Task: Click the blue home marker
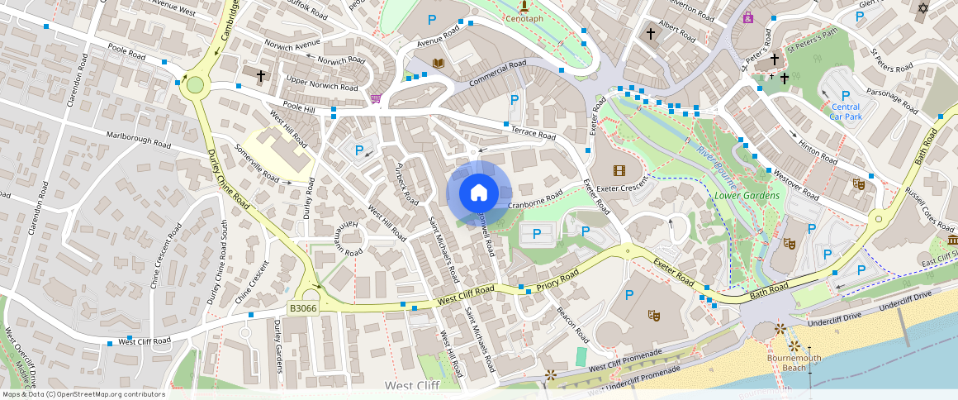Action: pos(478,193)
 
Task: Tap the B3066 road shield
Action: pos(303,308)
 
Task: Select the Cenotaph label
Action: pos(524,17)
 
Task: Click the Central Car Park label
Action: pos(845,112)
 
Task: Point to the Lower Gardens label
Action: pos(747,196)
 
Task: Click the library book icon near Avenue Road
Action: pos(439,63)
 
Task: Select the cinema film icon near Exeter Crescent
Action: pos(619,170)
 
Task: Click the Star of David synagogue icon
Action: pos(923,8)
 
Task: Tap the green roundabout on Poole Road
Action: pos(195,84)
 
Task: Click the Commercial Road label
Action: pos(497,75)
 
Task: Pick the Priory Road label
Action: pos(557,280)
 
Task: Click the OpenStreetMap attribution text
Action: pos(83,394)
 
